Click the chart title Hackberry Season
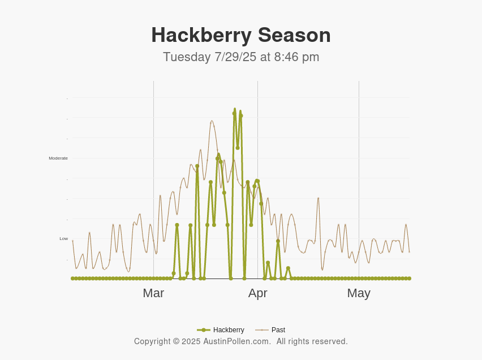[x=240, y=35]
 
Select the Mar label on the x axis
[x=153, y=293]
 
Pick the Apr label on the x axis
[x=257, y=293]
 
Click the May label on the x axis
[x=359, y=293]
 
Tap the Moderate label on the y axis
[x=58, y=158]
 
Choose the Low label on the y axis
[x=63, y=239]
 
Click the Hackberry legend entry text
[x=229, y=330]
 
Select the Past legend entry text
[x=278, y=330]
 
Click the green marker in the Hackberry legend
[x=204, y=330]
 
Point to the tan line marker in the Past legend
[x=261, y=330]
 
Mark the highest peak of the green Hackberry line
[x=235, y=109]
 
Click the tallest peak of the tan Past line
[x=212, y=121]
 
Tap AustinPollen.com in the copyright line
[x=237, y=342]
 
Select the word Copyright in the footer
[x=152, y=342]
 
